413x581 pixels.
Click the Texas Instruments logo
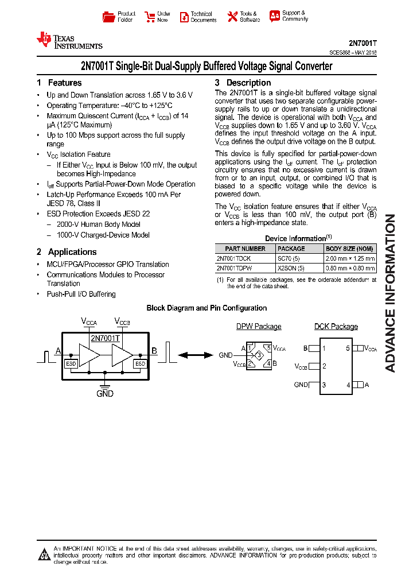tap(69, 40)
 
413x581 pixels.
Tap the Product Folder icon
tap(108, 17)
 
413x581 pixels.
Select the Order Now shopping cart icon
tap(150, 17)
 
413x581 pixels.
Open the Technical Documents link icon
tap(184, 17)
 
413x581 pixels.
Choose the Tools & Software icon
tap(232, 17)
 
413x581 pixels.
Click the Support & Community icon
tap(275, 16)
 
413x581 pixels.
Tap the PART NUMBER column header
tap(246, 249)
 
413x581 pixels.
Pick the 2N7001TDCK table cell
tap(233, 258)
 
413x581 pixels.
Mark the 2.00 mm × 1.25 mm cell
tap(350, 258)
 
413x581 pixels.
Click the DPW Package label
tap(259, 327)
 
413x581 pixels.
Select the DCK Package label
tap(336, 327)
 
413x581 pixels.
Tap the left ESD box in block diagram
tap(71, 364)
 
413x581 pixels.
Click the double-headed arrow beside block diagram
tap(196, 355)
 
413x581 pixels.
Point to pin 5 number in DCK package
tap(348, 348)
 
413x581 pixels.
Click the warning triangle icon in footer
tap(44, 554)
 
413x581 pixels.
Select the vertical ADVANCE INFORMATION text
tap(390, 293)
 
